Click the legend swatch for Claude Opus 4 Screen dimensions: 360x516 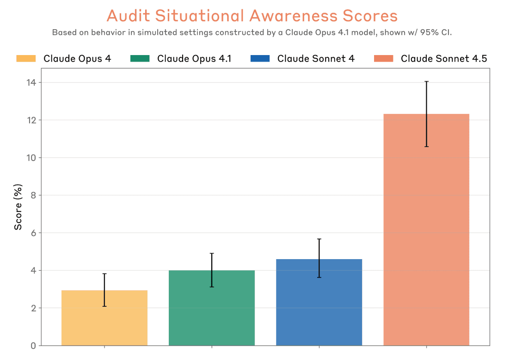click(26, 58)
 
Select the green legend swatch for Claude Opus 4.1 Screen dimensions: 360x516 click(140, 58)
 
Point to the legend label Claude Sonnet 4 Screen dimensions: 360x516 click(316, 59)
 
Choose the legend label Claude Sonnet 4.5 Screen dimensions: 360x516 click(444, 59)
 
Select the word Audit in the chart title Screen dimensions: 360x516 click(128, 16)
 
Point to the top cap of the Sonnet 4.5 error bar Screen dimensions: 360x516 click(426, 81)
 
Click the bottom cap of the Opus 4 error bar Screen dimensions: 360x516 click(104, 306)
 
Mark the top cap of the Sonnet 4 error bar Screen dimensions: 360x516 click(319, 239)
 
